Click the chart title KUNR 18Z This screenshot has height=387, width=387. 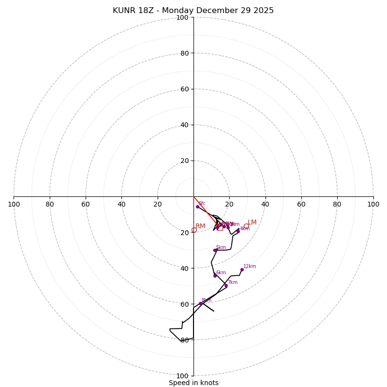coord(193,11)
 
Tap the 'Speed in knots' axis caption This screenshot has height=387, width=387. coord(193,383)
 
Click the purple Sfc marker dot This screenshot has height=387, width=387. coord(197,207)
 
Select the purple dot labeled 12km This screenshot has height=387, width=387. coord(242,270)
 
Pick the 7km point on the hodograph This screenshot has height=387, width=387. coord(226,285)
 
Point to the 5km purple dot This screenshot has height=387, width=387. coord(215,250)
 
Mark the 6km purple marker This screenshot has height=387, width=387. coord(215,276)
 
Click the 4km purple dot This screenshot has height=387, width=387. coord(238,231)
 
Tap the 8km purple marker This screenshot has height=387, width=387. coord(200,303)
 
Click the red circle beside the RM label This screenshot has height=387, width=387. coord(194,230)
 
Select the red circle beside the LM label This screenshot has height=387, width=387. coord(246,226)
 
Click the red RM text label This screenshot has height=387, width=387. coord(200,226)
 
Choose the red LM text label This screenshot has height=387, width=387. coord(252,223)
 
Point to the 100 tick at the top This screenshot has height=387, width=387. coord(182,17)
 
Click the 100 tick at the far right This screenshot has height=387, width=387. coord(373,204)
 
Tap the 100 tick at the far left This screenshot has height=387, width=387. coord(14,204)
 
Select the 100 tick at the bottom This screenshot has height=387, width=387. coord(182,376)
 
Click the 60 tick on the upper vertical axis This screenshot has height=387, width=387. coord(184,89)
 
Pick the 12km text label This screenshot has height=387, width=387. coord(250,267)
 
